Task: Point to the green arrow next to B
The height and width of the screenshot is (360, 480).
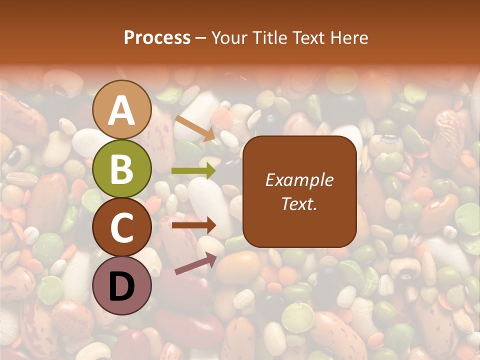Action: [x=193, y=170]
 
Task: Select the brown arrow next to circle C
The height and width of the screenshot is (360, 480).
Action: [x=194, y=225]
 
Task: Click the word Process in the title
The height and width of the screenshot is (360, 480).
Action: [x=157, y=37]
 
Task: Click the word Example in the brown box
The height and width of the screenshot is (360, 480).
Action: [x=299, y=180]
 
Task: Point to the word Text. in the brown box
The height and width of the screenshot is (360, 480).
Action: [x=299, y=203]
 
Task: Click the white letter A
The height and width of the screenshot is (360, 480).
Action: [x=122, y=111]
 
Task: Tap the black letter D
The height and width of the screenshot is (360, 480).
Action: [x=122, y=286]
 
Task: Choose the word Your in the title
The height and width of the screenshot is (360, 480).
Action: [x=229, y=37]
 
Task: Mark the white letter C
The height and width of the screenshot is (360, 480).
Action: [x=122, y=227]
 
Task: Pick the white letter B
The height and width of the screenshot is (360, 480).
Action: [x=122, y=169]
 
